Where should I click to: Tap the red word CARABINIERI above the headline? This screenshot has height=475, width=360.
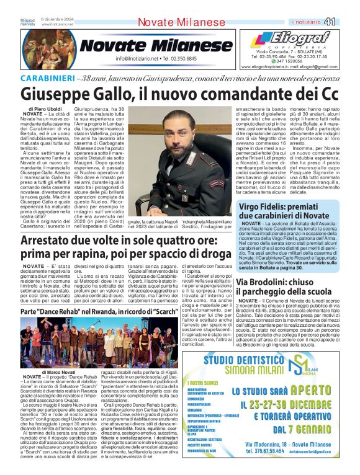click(47, 79)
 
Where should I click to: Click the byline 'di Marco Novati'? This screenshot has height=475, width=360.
click(59, 371)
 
